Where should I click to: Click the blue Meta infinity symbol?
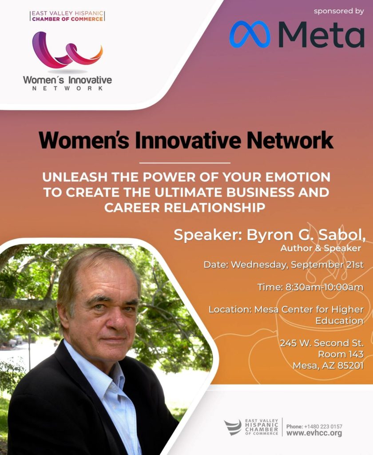(250, 34)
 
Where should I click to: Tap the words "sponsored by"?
(339, 11)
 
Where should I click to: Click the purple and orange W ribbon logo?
(67, 50)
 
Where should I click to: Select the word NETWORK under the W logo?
(67, 88)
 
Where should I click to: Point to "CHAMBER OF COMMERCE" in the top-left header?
(67, 19)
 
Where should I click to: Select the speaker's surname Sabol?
(342, 235)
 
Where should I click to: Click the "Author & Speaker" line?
(321, 248)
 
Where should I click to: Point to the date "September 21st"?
(327, 265)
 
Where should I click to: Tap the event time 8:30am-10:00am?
(325, 287)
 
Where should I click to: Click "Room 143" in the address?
(341, 354)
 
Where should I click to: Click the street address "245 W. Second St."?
(321, 343)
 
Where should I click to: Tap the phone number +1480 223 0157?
(323, 427)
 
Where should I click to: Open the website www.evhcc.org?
(314, 433)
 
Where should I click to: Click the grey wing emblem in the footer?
(233, 427)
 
